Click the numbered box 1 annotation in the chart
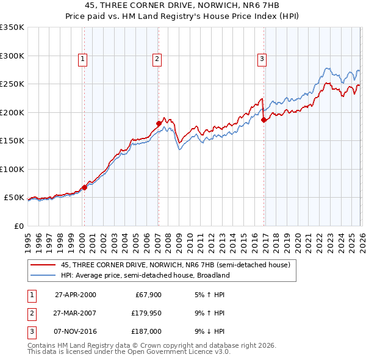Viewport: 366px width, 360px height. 82,59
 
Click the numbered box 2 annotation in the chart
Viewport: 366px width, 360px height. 157,59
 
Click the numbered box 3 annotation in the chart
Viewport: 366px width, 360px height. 261,59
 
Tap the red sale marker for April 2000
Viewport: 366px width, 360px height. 85,187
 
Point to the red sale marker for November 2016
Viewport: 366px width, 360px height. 264,120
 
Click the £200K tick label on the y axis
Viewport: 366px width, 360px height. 12,112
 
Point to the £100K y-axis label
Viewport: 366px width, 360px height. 12,169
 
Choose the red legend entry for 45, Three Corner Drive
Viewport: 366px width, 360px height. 178,265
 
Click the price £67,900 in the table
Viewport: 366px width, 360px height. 147,295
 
